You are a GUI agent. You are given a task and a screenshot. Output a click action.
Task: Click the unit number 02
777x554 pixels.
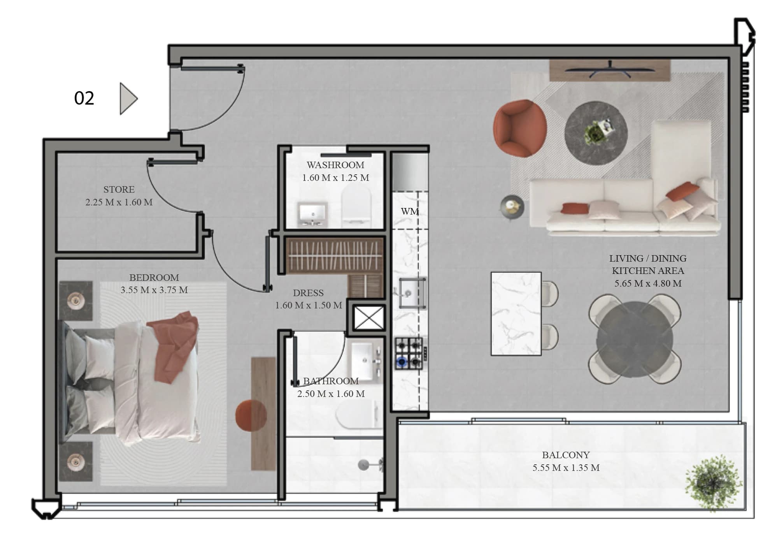coord(84,98)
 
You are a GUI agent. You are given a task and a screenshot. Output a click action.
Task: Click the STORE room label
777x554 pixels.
coord(119,190)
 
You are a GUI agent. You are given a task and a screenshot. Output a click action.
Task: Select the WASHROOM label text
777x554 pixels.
coord(335,165)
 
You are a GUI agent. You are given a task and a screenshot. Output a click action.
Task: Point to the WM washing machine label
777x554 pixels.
coord(410,211)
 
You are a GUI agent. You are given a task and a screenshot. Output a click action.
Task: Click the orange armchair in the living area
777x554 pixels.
coord(520,128)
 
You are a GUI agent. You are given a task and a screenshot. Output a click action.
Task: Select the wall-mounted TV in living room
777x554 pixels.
coord(610,70)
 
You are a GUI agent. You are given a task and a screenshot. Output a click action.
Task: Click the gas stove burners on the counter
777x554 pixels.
coord(409,354)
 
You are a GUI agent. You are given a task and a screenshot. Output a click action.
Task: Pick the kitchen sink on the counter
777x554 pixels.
coord(412,292)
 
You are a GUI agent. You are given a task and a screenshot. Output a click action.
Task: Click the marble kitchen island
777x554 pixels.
coord(516,313)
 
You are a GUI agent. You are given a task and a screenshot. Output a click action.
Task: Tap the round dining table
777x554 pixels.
coord(635,339)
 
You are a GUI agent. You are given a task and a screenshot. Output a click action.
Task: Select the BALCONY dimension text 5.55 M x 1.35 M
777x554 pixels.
coord(566,468)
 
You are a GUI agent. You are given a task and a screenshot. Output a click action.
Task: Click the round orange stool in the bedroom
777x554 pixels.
coord(251,415)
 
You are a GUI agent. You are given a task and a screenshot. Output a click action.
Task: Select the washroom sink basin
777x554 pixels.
coord(312,213)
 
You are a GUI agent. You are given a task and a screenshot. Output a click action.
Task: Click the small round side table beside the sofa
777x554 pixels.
coord(512,207)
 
